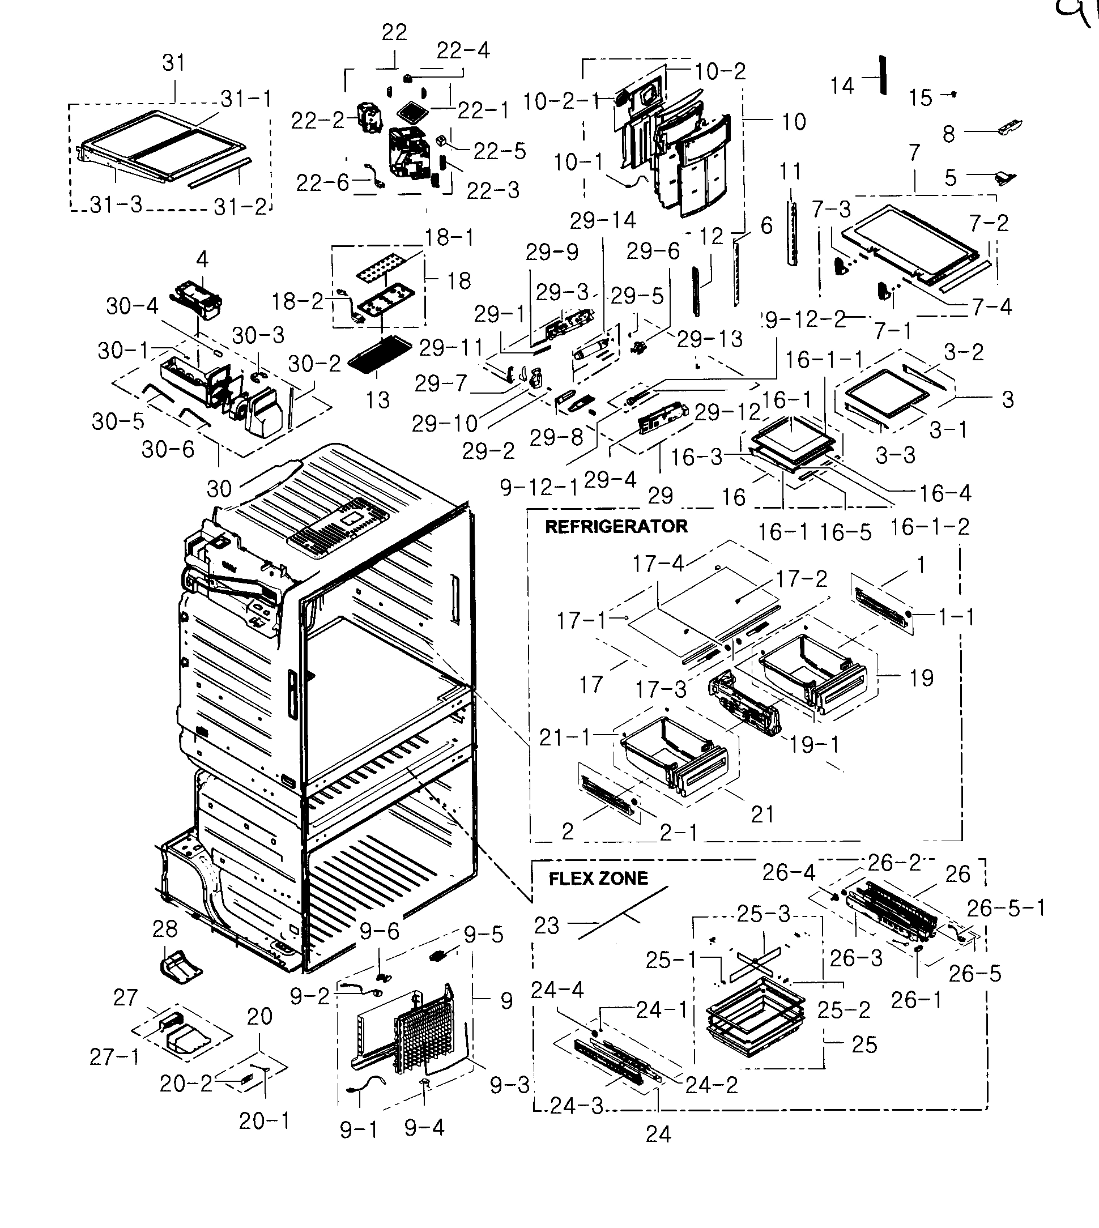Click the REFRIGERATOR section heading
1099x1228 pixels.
(616, 526)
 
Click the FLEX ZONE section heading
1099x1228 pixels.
(598, 878)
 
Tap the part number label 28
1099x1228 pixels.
(165, 928)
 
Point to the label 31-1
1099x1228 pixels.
(246, 99)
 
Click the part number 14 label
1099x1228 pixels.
(842, 86)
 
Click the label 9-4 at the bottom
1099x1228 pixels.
(424, 1127)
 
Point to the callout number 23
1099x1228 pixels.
(547, 925)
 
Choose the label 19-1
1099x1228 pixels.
(814, 745)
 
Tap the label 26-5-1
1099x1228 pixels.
(1006, 907)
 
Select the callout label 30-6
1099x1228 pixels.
(168, 449)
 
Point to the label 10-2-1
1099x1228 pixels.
(561, 101)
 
